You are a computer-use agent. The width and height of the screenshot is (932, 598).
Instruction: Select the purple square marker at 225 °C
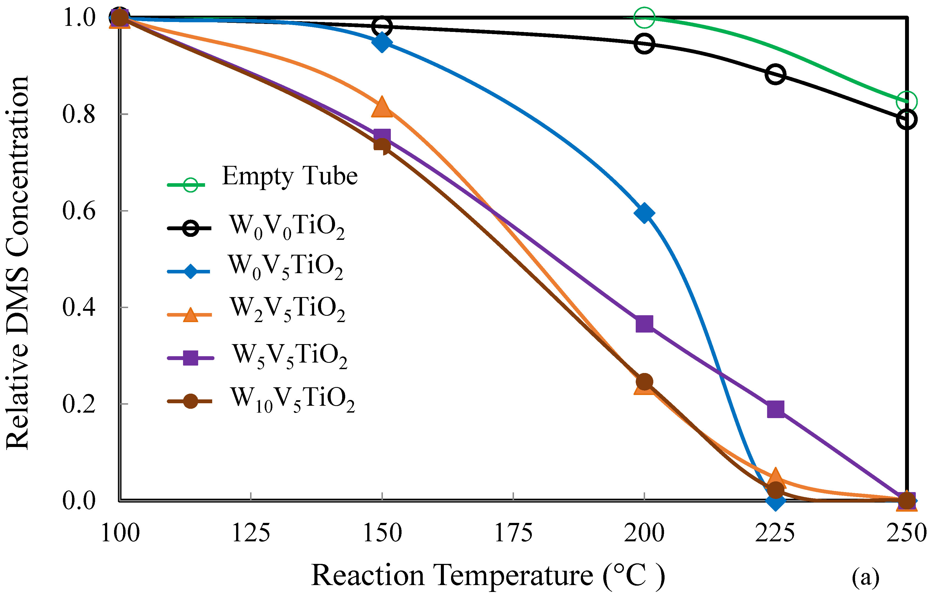[775, 409]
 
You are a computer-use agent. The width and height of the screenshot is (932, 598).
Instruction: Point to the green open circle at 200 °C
[644, 18]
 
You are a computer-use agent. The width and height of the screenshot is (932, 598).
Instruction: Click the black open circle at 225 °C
[775, 74]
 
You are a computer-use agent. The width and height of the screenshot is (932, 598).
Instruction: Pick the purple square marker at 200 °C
[644, 323]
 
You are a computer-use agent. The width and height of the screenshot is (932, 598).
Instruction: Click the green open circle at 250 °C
[906, 102]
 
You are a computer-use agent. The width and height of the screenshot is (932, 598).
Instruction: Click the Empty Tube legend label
[289, 176]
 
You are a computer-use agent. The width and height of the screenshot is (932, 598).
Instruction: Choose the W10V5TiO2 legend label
[292, 399]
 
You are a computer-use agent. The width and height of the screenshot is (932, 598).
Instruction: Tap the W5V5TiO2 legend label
[289, 356]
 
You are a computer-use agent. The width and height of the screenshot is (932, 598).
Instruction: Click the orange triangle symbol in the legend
[190, 314]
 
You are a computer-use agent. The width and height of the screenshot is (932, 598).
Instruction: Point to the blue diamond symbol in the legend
[190, 271]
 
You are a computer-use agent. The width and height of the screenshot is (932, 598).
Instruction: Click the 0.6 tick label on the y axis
[79, 211]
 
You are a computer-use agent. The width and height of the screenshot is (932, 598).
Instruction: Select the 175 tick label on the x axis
[513, 533]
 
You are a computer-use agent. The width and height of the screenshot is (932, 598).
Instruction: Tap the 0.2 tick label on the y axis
[79, 404]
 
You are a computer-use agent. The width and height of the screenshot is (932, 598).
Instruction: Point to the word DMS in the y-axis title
[18, 301]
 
